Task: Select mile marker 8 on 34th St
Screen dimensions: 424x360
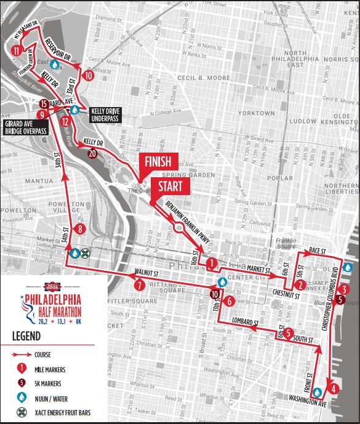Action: click(x=81, y=230)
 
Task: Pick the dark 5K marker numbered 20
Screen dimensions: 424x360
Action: click(x=92, y=153)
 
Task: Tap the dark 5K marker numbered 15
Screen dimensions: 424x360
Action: click(x=43, y=103)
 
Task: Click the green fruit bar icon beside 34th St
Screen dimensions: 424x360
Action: click(x=86, y=252)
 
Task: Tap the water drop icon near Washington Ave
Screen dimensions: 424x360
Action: click(x=318, y=392)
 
